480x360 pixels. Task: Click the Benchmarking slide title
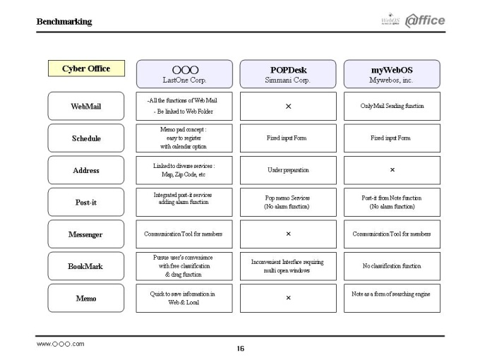[64, 22]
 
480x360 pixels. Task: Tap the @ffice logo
[425, 20]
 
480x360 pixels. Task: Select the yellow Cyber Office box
[86, 68]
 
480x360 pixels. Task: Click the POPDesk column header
[288, 74]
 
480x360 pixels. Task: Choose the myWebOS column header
[392, 74]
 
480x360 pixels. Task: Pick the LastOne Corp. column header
[184, 74]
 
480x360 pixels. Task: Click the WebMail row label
[86, 106]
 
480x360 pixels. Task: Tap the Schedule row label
[86, 138]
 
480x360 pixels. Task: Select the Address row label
[86, 170]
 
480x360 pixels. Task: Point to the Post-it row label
[86, 202]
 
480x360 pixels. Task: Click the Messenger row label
[86, 234]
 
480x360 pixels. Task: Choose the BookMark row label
[86, 266]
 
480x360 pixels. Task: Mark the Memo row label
[86, 298]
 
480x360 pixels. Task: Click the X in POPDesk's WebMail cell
[289, 106]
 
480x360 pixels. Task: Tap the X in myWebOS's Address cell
[392, 169]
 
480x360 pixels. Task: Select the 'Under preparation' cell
[288, 170]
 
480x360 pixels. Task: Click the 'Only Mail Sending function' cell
[392, 106]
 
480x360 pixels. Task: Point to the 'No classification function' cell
[392, 266]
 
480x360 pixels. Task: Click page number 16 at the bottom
[241, 349]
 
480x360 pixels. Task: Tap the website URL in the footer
[60, 344]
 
